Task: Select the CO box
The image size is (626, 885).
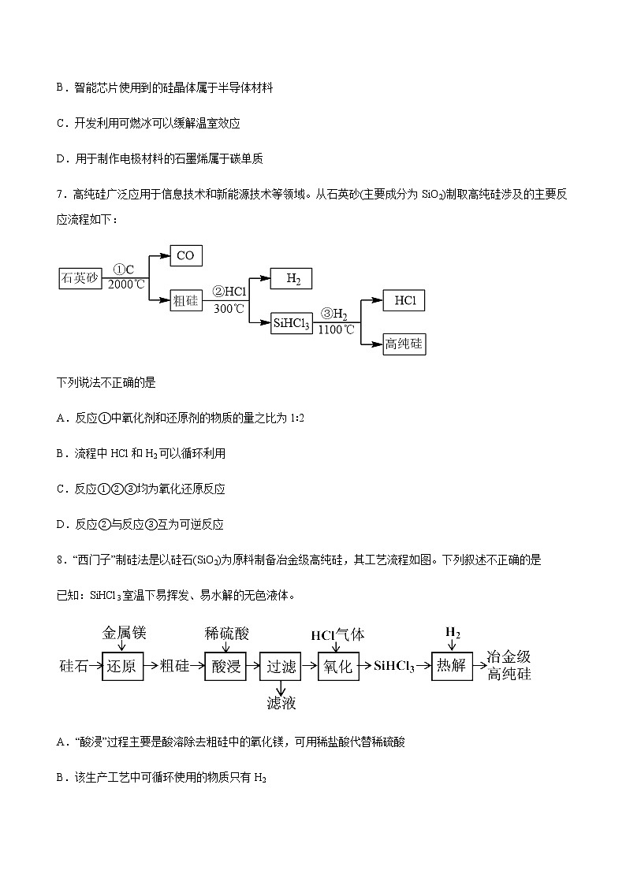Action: point(185,255)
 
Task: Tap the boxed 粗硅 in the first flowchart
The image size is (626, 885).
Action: point(185,300)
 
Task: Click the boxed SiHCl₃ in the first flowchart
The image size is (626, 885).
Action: point(291,323)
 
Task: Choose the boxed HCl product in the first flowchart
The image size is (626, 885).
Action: point(404,300)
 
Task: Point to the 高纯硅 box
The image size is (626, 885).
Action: point(404,344)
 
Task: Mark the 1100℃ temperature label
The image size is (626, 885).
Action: point(337,330)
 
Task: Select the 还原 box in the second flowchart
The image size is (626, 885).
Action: point(122,666)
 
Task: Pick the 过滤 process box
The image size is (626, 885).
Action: point(281,666)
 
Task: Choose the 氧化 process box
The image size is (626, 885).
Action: point(337,666)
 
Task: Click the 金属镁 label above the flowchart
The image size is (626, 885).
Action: point(125,632)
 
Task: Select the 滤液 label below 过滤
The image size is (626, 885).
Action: point(281,703)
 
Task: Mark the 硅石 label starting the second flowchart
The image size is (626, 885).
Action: point(73,666)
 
